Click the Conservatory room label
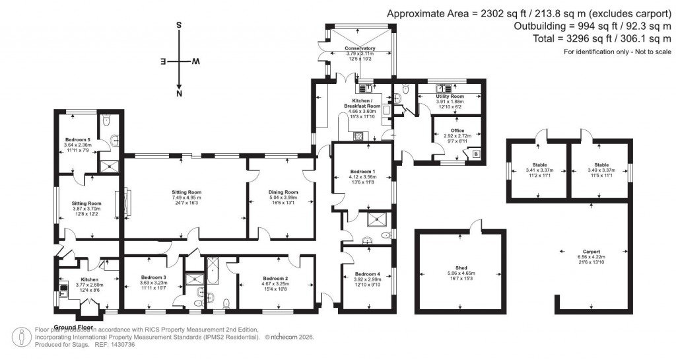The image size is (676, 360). tap(360, 48)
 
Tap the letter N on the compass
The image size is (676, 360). tap(179, 94)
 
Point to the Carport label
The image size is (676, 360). tap(591, 252)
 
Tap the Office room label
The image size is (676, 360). tap(458, 131)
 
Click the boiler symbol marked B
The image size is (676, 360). tap(477, 154)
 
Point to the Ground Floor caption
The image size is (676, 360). tap(72, 327)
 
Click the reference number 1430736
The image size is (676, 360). tap(120, 344)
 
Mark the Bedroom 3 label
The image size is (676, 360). tap(152, 277)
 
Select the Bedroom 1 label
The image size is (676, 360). tap(364, 172)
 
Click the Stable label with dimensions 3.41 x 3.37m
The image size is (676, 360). tap(539, 164)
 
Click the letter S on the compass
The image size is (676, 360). tap(179, 24)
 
